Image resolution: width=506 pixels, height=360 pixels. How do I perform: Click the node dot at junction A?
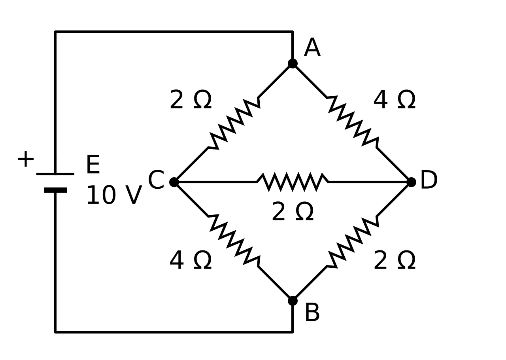tap(293, 64)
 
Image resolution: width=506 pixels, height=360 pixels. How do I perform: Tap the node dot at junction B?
tap(293, 301)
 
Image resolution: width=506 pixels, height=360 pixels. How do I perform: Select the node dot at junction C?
tap(174, 182)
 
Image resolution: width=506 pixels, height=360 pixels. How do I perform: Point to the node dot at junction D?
tap(411, 182)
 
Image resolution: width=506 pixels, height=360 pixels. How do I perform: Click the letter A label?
tap(312, 47)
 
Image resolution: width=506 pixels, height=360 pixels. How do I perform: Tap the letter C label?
tap(156, 180)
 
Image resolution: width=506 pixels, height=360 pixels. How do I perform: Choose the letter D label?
tap(429, 180)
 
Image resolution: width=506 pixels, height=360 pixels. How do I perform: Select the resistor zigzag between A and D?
tap(352, 123)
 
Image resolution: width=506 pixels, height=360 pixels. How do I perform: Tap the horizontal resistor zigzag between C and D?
tap(293, 182)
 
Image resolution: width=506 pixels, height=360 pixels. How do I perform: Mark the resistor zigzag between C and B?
tap(234, 241)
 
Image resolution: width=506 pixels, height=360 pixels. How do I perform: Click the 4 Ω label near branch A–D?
tap(395, 100)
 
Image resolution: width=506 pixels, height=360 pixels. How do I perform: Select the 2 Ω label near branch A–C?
tap(191, 100)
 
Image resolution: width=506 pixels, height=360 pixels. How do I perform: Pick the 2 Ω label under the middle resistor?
tap(293, 211)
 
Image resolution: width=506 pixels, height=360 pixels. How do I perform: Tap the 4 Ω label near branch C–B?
tap(191, 260)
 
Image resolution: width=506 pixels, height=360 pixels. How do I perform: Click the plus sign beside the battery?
tap(26, 159)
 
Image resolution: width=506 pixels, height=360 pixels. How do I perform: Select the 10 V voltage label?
tap(114, 195)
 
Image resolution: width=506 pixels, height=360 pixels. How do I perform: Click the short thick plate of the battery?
tap(56, 190)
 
